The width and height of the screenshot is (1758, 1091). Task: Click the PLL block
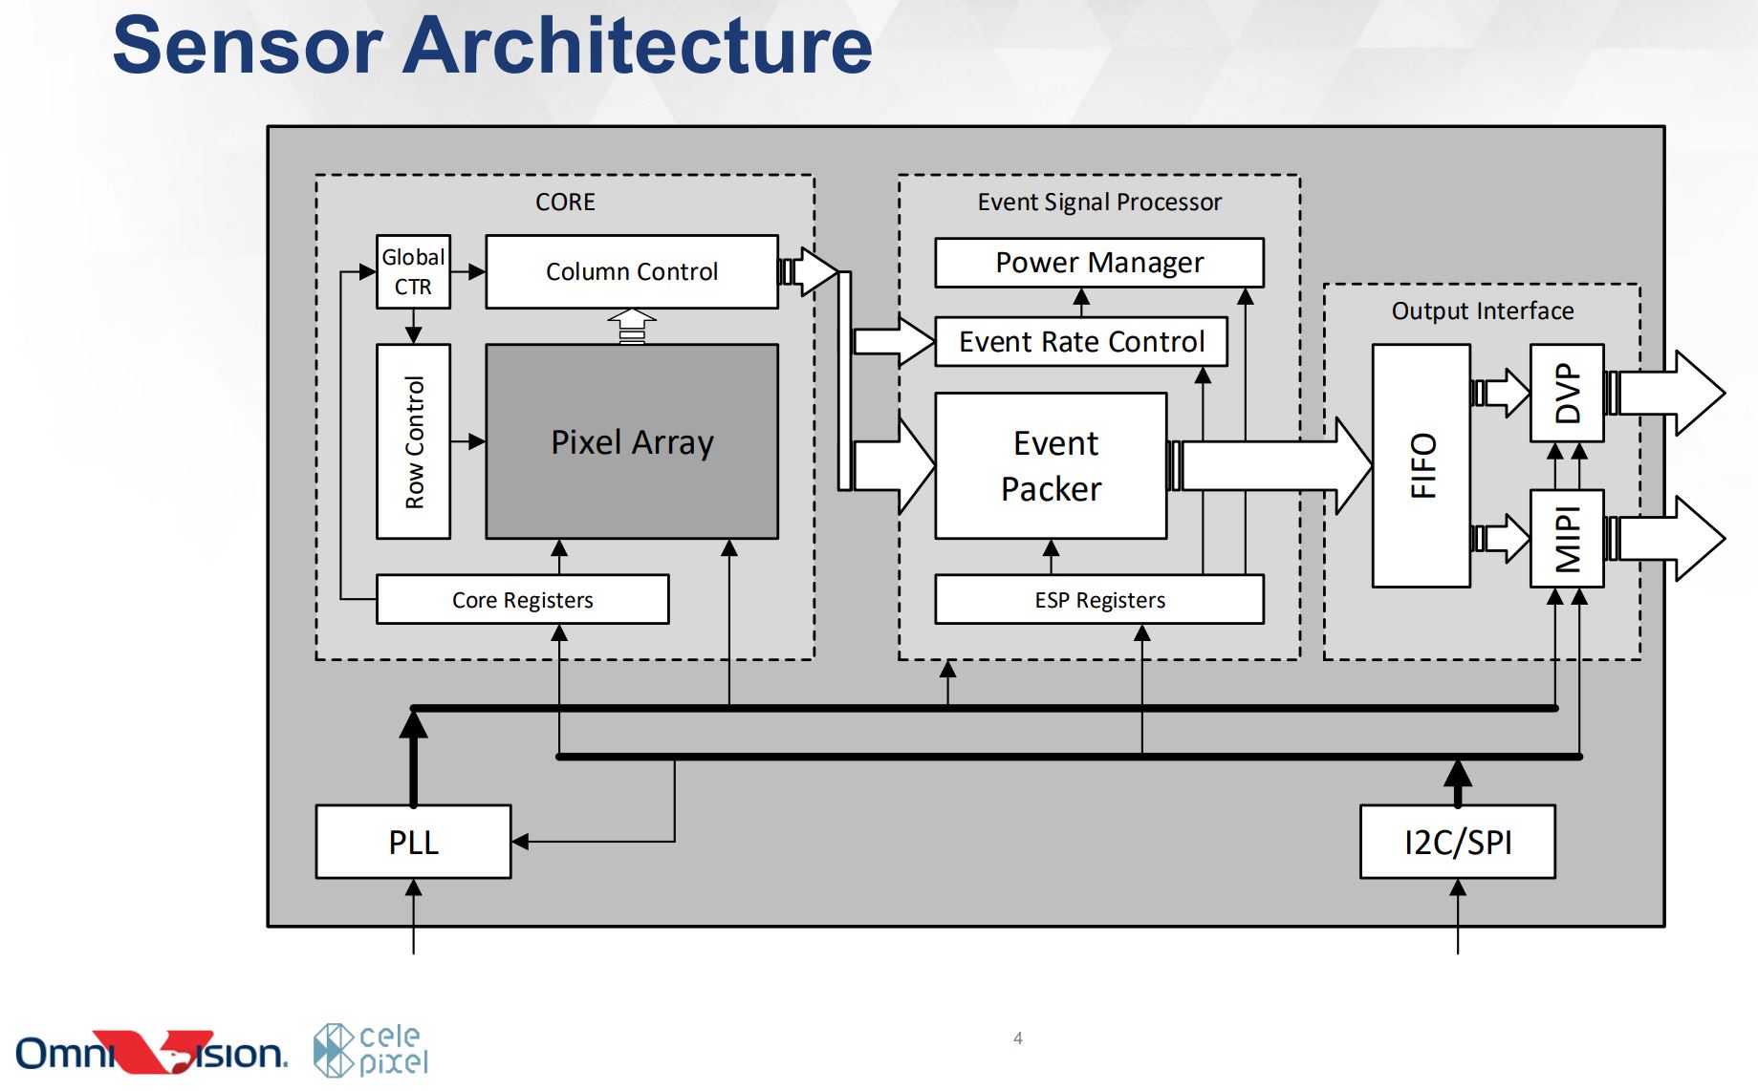point(413,842)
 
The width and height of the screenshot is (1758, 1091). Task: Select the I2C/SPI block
point(1457,842)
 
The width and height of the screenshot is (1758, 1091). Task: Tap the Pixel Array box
point(632,442)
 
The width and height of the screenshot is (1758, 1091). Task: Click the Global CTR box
point(413,272)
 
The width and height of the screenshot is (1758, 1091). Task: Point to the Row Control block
point(413,442)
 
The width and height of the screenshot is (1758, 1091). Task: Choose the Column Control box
point(632,272)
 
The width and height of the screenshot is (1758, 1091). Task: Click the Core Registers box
point(522,600)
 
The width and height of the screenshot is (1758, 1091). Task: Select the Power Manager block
point(1099,263)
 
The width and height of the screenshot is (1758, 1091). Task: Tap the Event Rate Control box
point(1081,342)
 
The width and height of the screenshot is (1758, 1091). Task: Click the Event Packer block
point(1051,466)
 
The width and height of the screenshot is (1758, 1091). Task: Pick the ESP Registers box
point(1099,600)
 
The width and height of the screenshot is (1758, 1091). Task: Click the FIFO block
point(1422,466)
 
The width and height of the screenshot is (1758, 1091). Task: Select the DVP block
point(1567,393)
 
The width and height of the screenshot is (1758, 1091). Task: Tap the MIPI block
point(1567,539)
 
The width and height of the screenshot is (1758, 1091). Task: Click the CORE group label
point(565,203)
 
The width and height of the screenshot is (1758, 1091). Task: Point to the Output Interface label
point(1482,311)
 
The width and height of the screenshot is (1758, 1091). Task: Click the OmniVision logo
point(151,1053)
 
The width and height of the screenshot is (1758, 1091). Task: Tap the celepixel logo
point(371,1050)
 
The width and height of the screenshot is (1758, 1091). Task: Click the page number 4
point(1018,1038)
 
